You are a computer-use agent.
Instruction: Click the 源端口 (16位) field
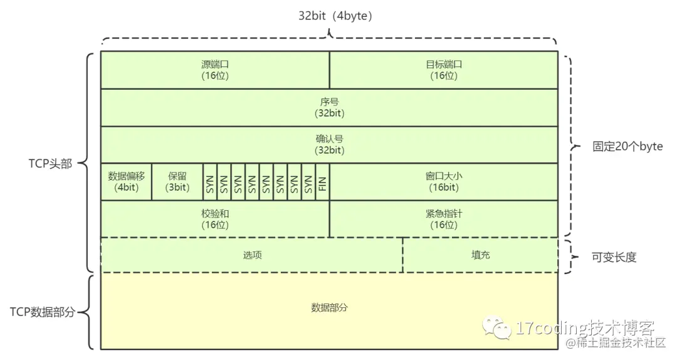(215, 70)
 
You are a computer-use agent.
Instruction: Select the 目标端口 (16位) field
(443, 70)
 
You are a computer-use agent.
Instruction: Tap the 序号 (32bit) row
(329, 107)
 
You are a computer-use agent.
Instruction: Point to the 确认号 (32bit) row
(329, 144)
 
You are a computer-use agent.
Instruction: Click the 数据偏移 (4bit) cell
(126, 182)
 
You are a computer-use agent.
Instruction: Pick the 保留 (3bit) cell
(177, 182)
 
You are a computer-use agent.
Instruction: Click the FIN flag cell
(323, 182)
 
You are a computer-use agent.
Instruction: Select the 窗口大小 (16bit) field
(443, 182)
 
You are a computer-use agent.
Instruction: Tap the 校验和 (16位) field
(215, 219)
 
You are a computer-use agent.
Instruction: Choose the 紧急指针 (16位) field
(443, 219)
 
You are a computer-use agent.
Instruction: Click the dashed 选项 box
(252, 255)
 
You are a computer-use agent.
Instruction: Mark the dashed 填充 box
(480, 255)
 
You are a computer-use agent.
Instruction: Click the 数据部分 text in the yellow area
(329, 308)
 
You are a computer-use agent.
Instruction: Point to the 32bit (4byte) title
(335, 16)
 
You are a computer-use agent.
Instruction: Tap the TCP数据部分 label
(42, 312)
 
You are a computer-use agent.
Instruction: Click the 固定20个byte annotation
(627, 147)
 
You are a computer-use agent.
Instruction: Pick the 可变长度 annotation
(614, 257)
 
